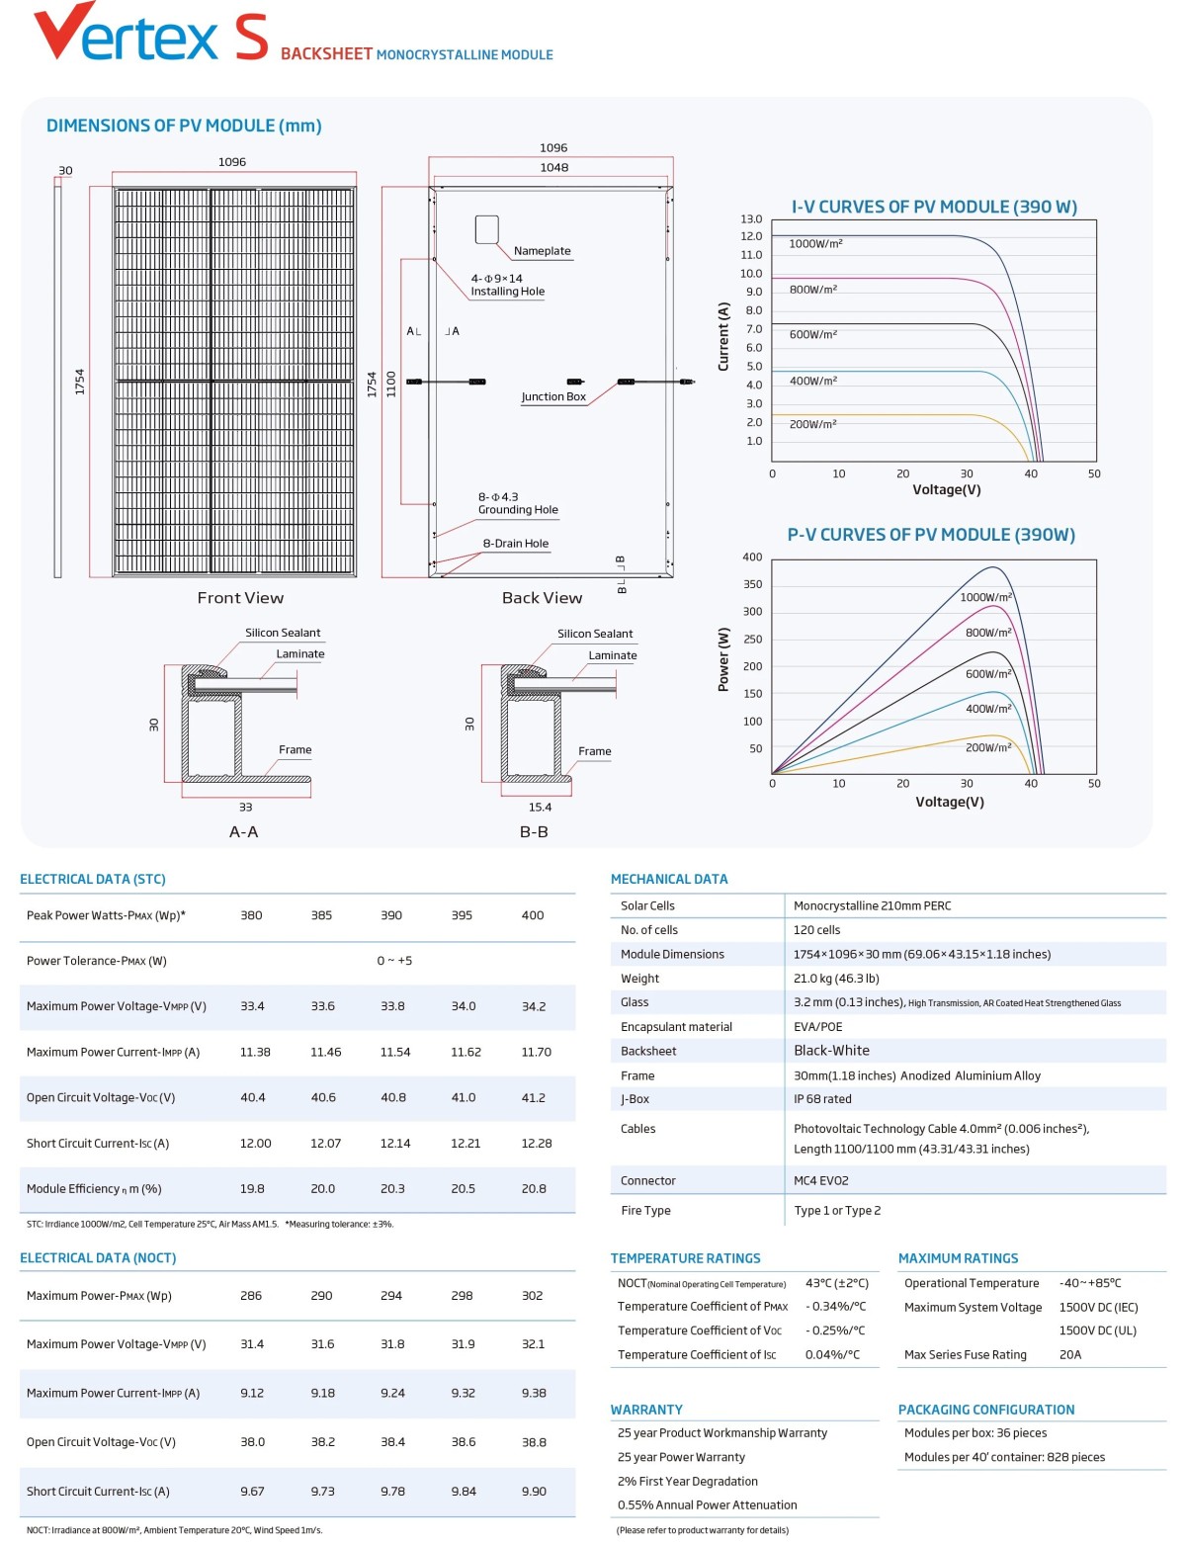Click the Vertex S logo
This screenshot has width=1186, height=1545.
(150, 34)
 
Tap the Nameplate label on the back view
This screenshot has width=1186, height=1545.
(542, 251)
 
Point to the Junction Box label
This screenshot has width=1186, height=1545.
(553, 397)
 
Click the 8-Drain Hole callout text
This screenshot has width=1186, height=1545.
(515, 544)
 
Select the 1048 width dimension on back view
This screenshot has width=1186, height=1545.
(553, 168)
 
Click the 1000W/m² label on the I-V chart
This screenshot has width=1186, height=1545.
(815, 244)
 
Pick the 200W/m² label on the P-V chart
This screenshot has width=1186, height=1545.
(987, 748)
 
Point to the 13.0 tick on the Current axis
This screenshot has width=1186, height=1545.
(751, 219)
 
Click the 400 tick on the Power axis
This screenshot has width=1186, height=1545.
(752, 558)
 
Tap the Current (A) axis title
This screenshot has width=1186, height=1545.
(723, 337)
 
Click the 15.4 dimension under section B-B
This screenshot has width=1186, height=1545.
(540, 808)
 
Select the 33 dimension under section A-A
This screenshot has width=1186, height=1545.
(245, 808)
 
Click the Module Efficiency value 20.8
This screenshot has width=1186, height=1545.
(534, 1189)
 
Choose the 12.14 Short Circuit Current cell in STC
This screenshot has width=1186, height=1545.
(394, 1144)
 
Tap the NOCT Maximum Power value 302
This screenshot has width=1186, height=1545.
(532, 1296)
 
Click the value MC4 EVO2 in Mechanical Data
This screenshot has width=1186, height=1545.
(820, 1181)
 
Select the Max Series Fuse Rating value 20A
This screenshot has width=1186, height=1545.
(1070, 1355)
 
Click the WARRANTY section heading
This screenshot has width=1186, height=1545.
(646, 1410)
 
